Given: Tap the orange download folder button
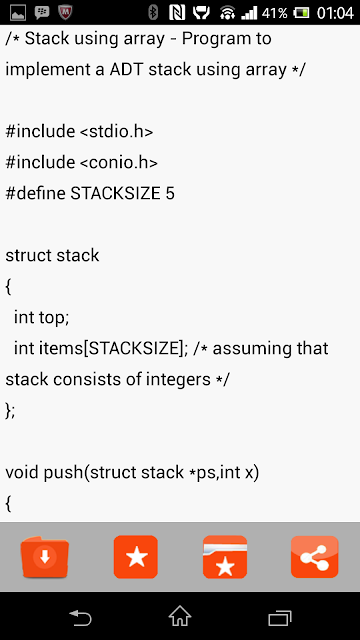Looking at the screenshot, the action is click(44, 557).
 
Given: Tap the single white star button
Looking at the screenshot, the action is click(136, 557).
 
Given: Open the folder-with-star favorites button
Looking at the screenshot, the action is click(225, 557).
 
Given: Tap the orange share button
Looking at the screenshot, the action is click(315, 557).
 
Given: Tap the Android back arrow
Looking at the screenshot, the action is click(80, 617).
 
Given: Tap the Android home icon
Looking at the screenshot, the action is click(180, 616).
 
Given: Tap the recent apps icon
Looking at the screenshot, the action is click(280, 618).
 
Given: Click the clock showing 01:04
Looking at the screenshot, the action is click(335, 13).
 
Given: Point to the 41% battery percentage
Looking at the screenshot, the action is click(274, 13).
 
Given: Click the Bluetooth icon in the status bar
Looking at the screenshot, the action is click(153, 13).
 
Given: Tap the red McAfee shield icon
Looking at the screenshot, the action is click(65, 13).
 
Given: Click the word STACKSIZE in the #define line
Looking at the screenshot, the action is click(116, 193).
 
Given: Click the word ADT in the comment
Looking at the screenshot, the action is click(126, 70).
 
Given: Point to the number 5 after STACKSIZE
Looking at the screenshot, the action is click(170, 193).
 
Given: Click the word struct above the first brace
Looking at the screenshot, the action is click(28, 256).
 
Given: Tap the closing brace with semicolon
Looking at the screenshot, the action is click(10, 411).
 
